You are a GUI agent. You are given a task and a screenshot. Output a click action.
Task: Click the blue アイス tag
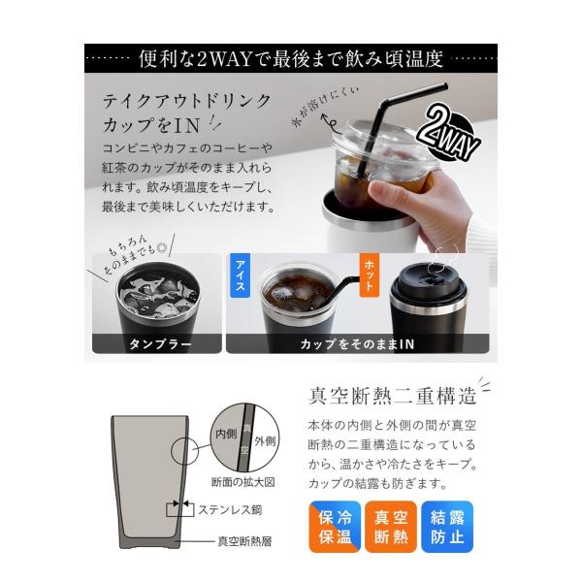coord(240,275)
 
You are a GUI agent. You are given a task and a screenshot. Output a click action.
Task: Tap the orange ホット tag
coord(370,275)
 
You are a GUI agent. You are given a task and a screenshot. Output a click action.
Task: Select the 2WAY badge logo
coord(449,134)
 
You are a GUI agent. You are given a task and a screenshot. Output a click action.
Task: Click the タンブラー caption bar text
coord(160,344)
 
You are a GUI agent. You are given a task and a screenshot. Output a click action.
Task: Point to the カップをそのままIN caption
coord(357,344)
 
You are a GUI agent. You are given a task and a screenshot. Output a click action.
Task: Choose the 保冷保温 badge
coord(335,527)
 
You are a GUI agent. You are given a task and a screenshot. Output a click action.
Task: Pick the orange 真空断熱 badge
coord(391,527)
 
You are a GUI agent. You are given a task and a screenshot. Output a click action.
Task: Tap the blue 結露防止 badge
coord(447,527)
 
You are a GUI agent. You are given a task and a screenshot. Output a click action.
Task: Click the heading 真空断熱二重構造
coord(392,396)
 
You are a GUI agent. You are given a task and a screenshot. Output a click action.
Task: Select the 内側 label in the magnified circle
coord(226,434)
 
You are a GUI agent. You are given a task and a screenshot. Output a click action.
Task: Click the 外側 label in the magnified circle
coord(265,441)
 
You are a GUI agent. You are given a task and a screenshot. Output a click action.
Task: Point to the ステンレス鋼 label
coord(230,510)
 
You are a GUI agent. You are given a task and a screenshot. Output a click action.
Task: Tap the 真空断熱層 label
coord(244,541)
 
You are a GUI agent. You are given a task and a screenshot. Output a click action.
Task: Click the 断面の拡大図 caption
coord(243,482)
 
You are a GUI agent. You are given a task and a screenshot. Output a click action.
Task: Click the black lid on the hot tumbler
coord(428,279)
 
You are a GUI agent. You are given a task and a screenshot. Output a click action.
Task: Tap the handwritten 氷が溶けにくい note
coord(326,108)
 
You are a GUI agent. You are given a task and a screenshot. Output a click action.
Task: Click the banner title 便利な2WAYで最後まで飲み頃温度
coord(291,58)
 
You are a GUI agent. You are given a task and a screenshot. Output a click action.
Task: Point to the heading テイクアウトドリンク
coord(187,101)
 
